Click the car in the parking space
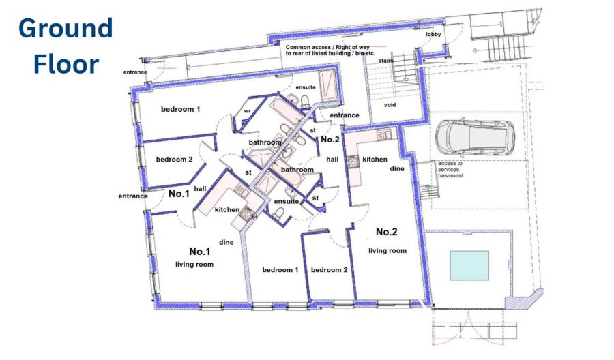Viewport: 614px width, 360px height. pyautogui.click(x=475, y=138)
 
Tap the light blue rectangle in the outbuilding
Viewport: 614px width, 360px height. pyautogui.click(x=469, y=265)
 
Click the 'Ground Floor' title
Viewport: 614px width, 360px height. pyautogui.click(x=65, y=46)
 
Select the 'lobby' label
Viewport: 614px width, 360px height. pyautogui.click(x=433, y=35)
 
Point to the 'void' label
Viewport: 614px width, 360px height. pyautogui.click(x=390, y=105)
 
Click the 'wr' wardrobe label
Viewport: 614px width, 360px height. pyautogui.click(x=247, y=111)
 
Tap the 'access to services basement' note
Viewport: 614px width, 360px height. pyautogui.click(x=450, y=170)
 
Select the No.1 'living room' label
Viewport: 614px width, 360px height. pyautogui.click(x=194, y=264)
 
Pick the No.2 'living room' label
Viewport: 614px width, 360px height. pyautogui.click(x=388, y=250)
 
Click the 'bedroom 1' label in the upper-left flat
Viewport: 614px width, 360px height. pyautogui.click(x=181, y=109)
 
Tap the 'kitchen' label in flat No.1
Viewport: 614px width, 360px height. pyautogui.click(x=227, y=210)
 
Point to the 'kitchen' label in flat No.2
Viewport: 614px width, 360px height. pyautogui.click(x=375, y=160)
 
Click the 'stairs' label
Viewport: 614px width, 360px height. pyautogui.click(x=385, y=61)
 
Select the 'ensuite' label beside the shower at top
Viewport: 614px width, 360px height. pyautogui.click(x=306, y=87)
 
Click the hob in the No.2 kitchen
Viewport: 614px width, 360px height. pyautogui.click(x=353, y=162)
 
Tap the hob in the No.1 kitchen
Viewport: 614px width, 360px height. pyautogui.click(x=246, y=213)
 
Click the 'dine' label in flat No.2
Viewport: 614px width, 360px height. pyautogui.click(x=397, y=168)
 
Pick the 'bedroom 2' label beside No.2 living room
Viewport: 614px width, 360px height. pyautogui.click(x=329, y=269)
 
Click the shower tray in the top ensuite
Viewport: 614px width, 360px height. pyautogui.click(x=327, y=85)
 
